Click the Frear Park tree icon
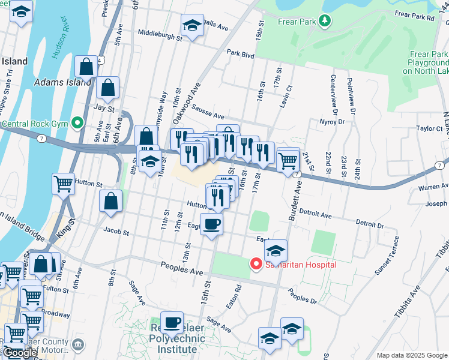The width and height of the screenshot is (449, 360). (x=325, y=22)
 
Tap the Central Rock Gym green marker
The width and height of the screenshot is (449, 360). (x=77, y=124)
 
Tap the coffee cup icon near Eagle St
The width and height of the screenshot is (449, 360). (x=211, y=225)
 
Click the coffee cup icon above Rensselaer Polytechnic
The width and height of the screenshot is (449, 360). (x=172, y=322)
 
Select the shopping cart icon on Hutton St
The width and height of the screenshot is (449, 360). (x=63, y=184)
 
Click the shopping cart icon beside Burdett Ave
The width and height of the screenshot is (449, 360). (x=288, y=159)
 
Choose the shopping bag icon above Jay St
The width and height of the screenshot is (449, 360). (x=107, y=88)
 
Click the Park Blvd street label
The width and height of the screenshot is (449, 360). (x=241, y=54)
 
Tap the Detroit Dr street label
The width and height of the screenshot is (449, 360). (x=369, y=224)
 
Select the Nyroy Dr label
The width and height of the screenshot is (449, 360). (x=333, y=121)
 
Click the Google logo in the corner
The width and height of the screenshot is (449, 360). (x=20, y=353)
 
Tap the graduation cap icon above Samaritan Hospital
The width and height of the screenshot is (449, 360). (x=276, y=250)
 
